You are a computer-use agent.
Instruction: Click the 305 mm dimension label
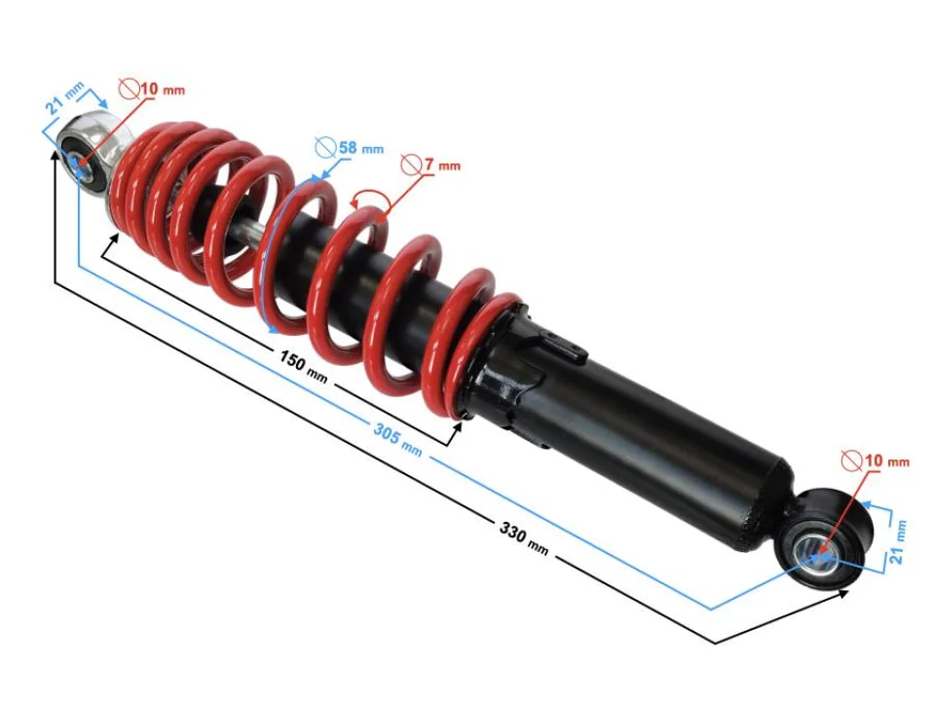(x=397, y=437)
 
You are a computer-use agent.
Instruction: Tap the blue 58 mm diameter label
(x=359, y=149)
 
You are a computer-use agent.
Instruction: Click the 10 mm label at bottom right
(x=885, y=460)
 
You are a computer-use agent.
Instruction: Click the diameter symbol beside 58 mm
(x=324, y=148)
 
